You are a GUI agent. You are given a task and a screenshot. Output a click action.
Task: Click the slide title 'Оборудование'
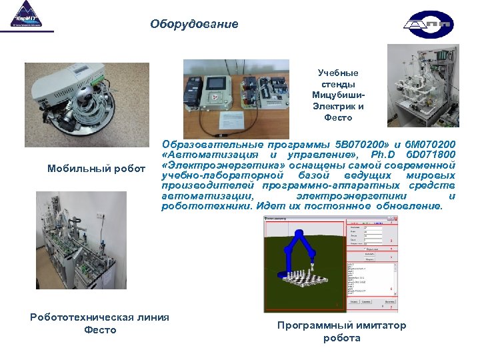(x=193, y=24)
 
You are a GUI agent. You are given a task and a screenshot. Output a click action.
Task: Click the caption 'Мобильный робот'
(x=96, y=168)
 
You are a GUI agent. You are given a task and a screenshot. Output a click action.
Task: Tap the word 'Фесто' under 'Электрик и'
(x=337, y=117)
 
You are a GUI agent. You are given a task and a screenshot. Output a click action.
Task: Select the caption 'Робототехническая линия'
(x=99, y=317)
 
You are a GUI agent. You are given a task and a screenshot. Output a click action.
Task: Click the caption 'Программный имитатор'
(x=341, y=325)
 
